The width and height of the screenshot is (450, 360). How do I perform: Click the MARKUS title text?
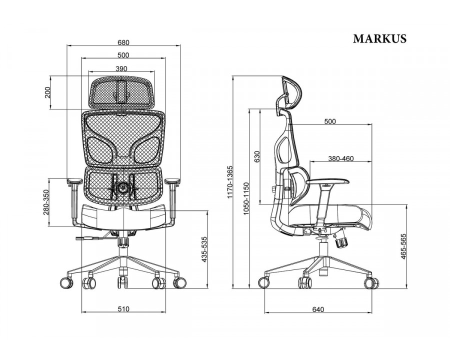tap(379, 38)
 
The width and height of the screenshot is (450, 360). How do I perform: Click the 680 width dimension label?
tap(123, 42)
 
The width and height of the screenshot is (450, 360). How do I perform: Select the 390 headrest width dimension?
tap(121, 68)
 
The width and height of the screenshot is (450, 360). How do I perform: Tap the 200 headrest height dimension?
tap(47, 92)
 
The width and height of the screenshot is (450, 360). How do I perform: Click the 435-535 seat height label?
tap(204, 249)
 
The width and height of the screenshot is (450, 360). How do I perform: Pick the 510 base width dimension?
tap(123, 309)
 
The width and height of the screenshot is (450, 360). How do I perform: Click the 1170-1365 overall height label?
tap(229, 182)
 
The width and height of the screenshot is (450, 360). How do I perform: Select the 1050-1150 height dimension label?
tap(245, 198)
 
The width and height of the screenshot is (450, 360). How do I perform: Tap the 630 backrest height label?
tap(257, 156)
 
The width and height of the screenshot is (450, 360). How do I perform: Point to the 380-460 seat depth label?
tap(341, 158)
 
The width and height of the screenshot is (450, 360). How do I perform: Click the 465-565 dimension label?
tap(404, 246)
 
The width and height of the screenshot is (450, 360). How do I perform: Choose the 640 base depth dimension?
tap(318, 309)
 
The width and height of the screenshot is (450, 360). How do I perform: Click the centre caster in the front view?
tap(122, 282)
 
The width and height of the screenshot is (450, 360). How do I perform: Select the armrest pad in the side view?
tap(327, 181)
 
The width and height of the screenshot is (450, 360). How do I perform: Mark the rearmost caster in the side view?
tap(264, 282)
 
